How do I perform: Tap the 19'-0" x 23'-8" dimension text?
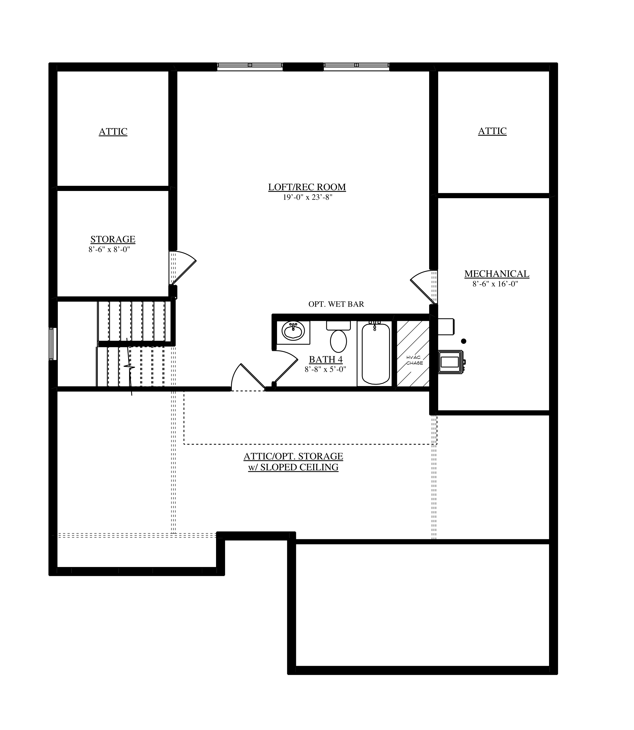[x=307, y=197]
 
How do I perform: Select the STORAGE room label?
[x=113, y=240]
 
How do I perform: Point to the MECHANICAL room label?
[x=497, y=274]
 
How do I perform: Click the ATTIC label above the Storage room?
[x=113, y=132]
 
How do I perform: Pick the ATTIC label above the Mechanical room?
[x=492, y=131]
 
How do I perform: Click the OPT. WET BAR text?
[x=336, y=304]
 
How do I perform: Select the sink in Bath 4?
[x=293, y=331]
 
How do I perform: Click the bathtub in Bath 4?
[x=376, y=353]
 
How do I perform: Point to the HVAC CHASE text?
[x=414, y=360]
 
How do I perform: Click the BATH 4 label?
[x=326, y=360]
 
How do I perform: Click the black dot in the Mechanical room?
[x=464, y=341]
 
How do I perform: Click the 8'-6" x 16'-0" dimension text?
[x=495, y=284]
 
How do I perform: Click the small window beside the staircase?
[x=53, y=344]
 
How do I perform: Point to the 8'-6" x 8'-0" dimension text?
[x=109, y=250]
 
